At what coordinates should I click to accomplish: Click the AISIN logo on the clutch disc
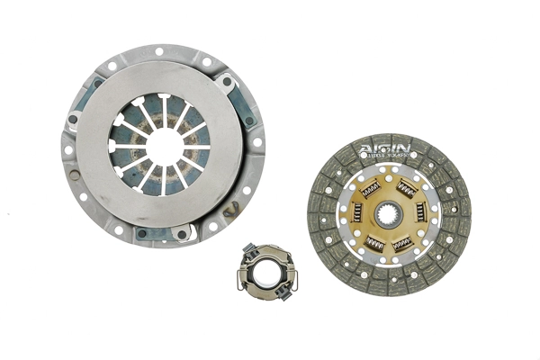385,148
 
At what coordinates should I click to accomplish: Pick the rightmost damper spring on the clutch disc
421,213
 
